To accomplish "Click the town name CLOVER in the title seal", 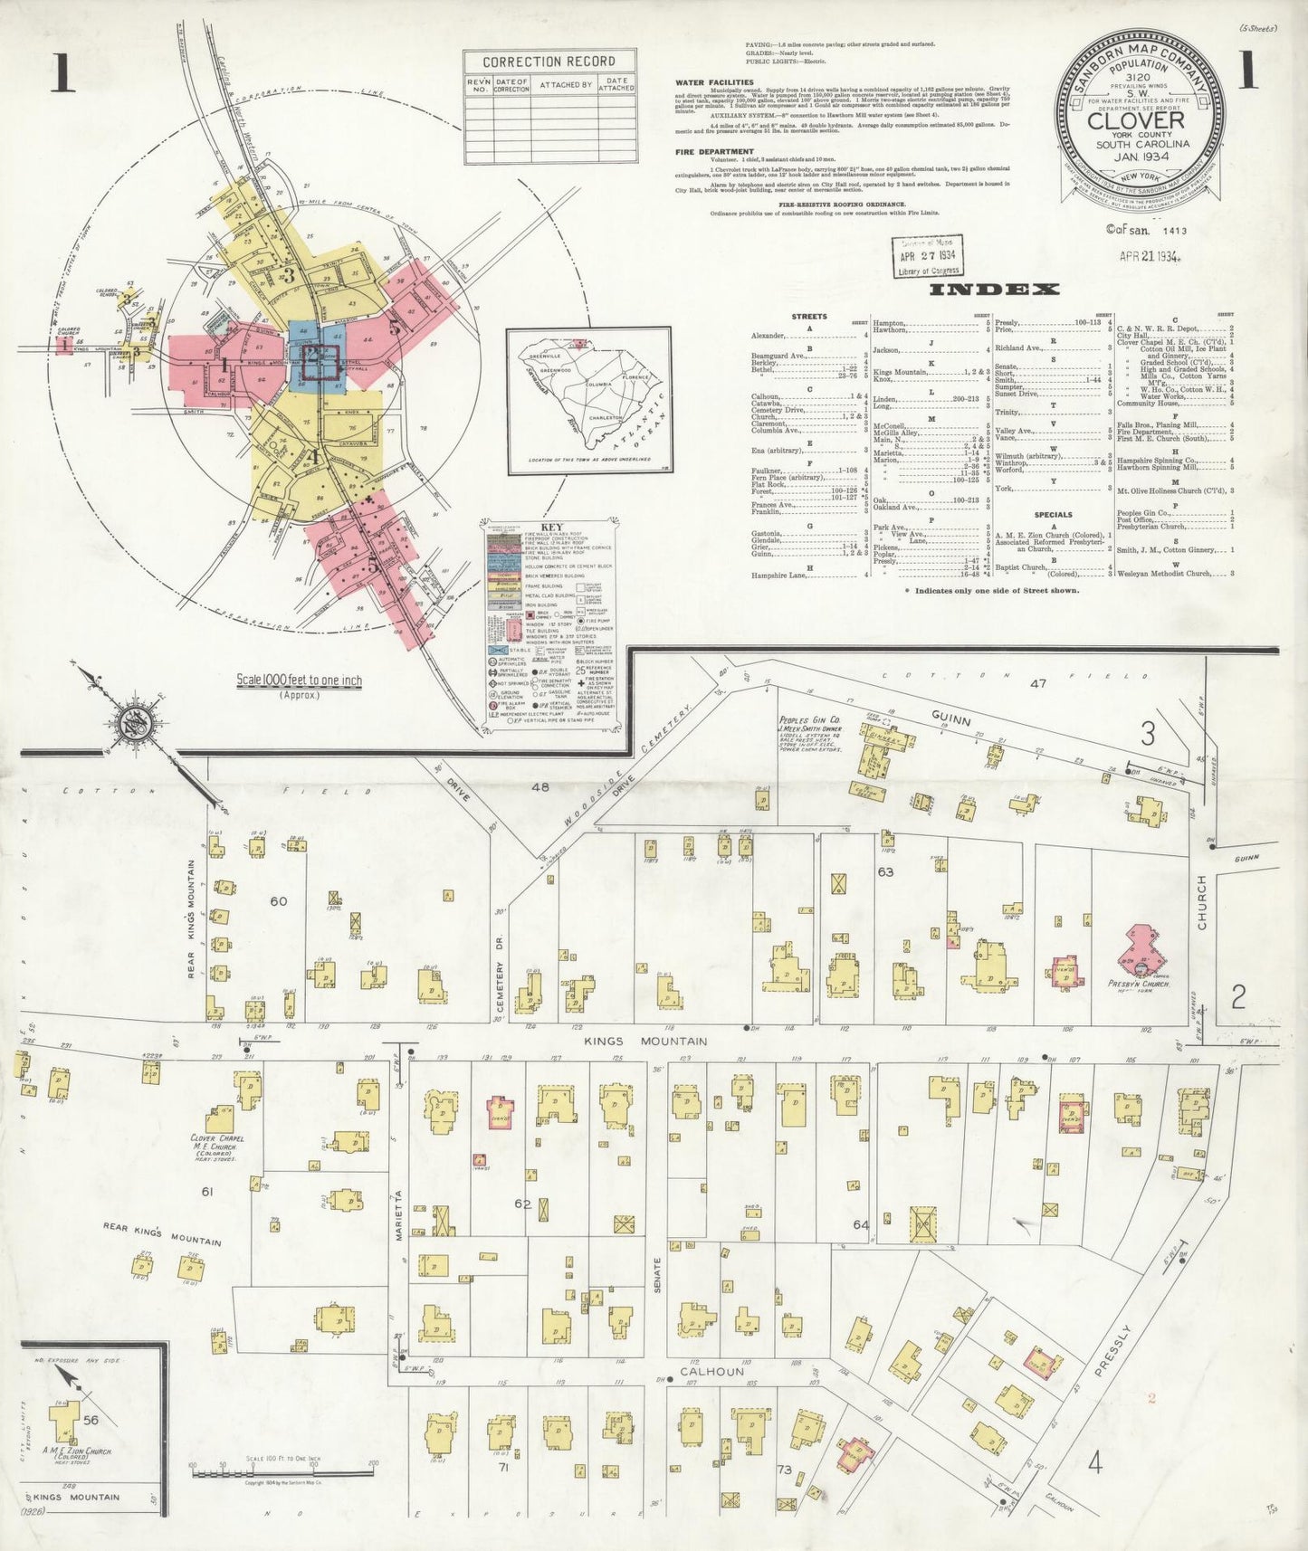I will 1136,120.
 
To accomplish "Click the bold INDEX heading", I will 1007,290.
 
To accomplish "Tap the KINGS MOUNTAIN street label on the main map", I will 646,1042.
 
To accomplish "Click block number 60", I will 278,901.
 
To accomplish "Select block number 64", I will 861,1224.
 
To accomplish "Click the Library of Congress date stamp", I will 928,255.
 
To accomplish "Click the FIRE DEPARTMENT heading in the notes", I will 713,151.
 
